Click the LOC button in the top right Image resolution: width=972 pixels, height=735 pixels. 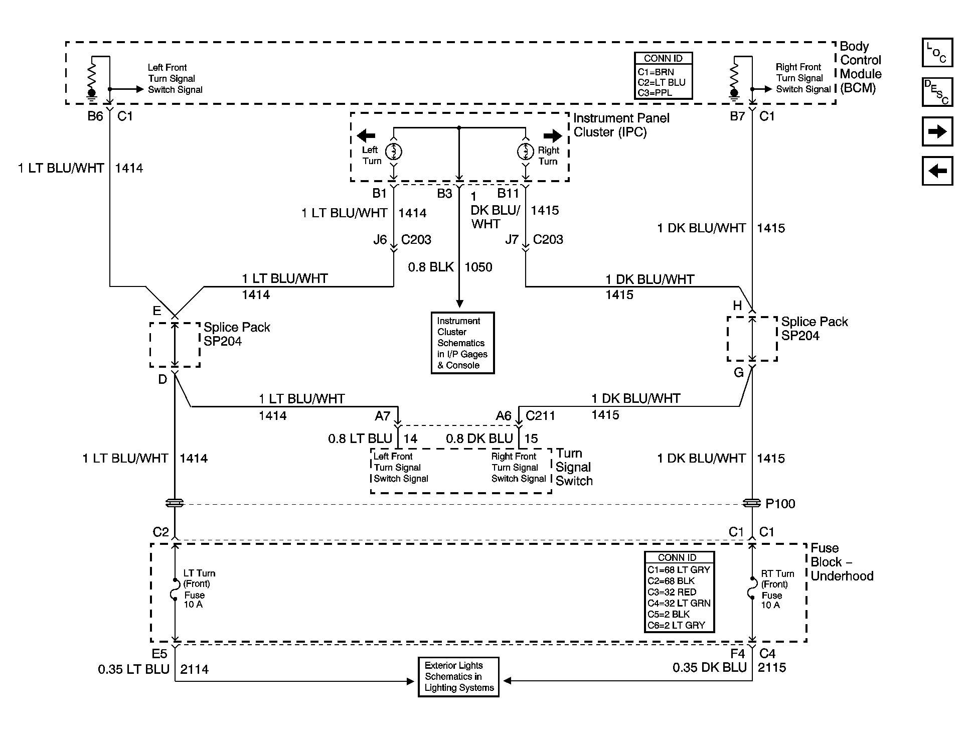(937, 53)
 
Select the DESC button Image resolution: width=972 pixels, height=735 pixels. (937, 92)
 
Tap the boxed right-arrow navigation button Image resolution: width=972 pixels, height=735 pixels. (937, 131)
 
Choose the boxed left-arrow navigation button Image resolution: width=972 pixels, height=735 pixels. (937, 171)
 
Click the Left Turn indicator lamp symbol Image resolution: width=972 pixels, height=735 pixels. (394, 151)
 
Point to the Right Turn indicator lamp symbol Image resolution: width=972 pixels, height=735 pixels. (526, 151)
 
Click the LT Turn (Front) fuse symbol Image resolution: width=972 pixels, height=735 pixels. (175, 590)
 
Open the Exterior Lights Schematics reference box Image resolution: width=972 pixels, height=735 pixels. (458, 677)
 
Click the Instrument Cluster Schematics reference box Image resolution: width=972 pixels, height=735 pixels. (462, 343)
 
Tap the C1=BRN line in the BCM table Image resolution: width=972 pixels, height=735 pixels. (656, 72)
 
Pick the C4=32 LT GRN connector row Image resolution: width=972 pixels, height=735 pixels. (679, 603)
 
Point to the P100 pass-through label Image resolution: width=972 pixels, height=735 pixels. (780, 504)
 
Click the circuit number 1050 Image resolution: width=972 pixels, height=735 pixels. (478, 267)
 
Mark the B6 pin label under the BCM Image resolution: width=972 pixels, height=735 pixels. (95, 116)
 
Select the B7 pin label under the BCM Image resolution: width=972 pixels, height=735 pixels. (737, 116)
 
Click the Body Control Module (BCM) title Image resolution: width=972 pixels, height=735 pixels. (861, 67)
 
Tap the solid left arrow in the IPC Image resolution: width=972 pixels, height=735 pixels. (366, 135)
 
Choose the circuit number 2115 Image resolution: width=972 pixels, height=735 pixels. (772, 667)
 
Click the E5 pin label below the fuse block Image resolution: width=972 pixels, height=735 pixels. (159, 654)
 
